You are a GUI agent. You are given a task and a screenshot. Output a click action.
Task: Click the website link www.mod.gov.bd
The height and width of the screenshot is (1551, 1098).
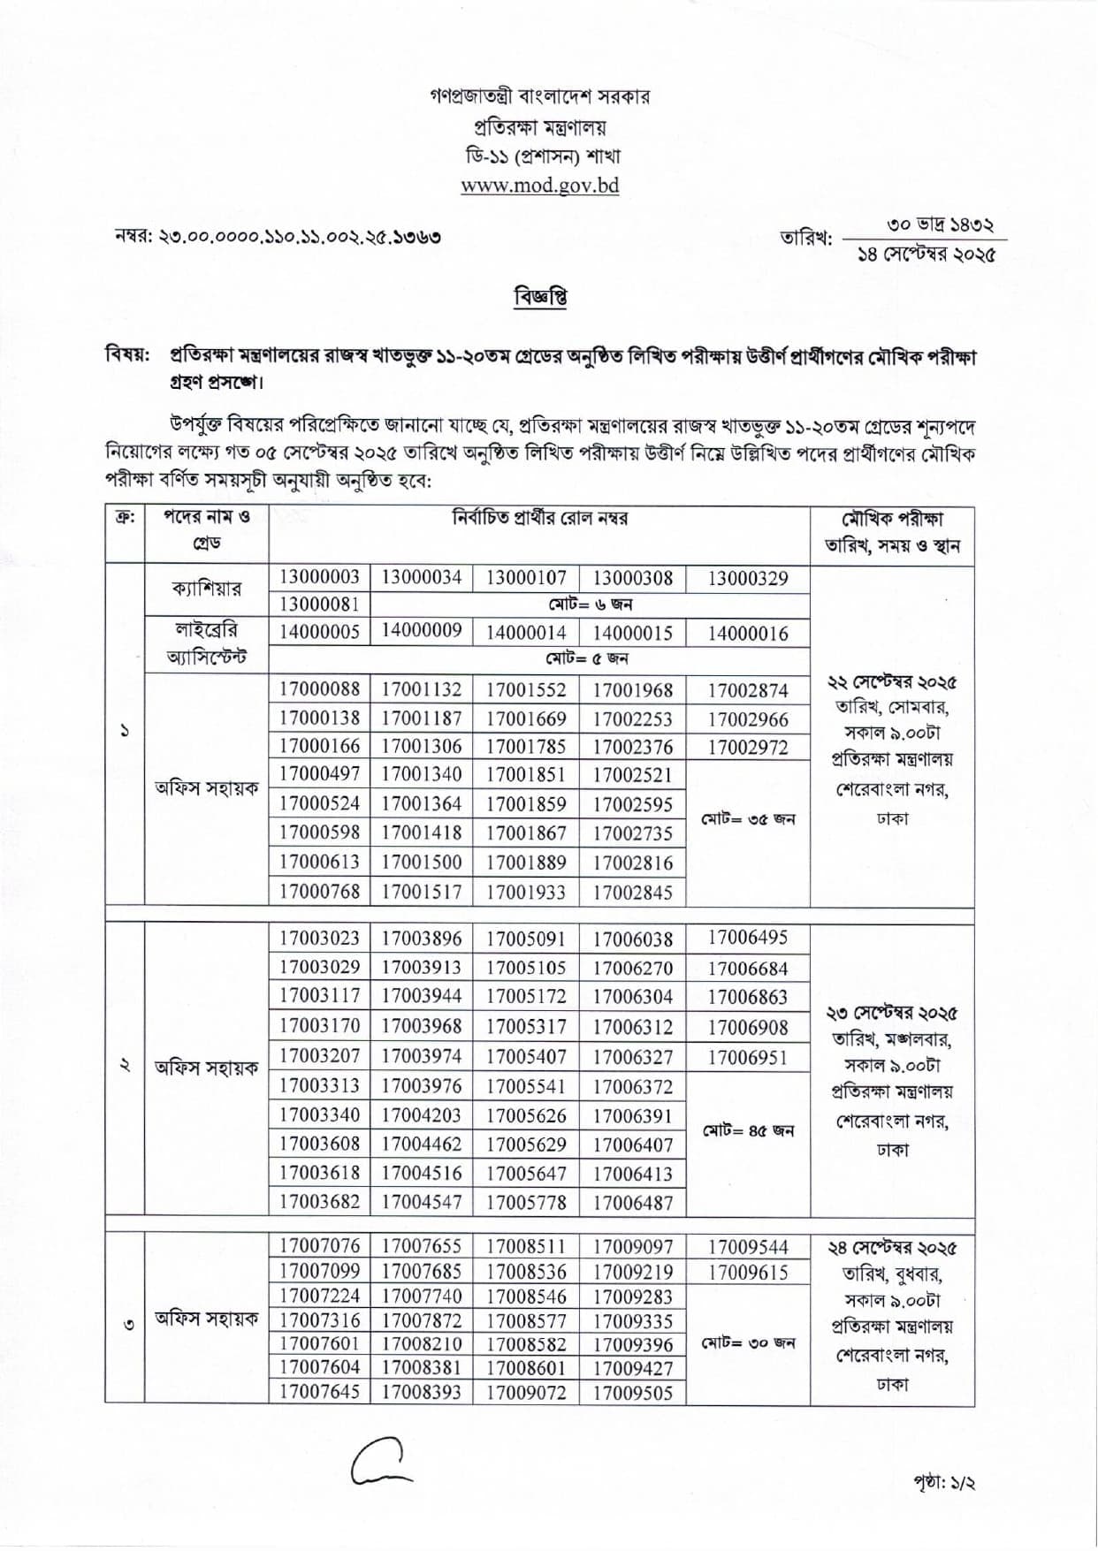(539, 186)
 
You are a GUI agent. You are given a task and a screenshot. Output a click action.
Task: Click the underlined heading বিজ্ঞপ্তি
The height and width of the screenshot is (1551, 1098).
(539, 297)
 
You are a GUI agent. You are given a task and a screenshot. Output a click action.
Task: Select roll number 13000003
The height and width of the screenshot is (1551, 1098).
(319, 578)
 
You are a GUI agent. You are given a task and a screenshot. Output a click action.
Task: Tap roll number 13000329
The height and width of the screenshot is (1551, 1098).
(747, 579)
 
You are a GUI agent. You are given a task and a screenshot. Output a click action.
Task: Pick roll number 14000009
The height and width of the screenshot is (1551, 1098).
(421, 630)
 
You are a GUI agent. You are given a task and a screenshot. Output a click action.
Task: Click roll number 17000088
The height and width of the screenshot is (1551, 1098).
(319, 689)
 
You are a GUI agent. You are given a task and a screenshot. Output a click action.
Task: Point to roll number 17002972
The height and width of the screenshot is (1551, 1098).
(747, 747)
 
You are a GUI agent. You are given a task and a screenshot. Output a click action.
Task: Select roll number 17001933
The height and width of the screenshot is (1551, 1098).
(525, 892)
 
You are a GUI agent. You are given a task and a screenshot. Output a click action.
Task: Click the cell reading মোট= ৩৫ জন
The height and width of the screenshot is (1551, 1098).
(748, 819)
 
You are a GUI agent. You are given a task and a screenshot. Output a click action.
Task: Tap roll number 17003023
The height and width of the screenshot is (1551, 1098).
(319, 939)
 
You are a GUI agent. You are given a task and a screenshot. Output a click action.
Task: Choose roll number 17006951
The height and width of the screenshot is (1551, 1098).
(747, 1057)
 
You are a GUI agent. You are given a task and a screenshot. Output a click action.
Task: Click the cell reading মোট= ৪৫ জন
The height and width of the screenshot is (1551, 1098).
(748, 1130)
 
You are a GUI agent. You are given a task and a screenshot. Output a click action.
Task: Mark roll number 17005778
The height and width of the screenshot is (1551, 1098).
(525, 1202)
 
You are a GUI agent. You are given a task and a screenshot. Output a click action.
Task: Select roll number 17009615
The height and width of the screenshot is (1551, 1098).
(747, 1273)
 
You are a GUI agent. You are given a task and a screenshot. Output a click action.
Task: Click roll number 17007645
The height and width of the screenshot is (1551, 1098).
(319, 1393)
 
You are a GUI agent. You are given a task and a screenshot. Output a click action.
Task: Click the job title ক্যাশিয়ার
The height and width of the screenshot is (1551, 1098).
(206, 589)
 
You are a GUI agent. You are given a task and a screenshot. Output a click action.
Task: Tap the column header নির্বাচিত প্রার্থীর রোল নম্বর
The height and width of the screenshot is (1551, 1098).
(539, 519)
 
